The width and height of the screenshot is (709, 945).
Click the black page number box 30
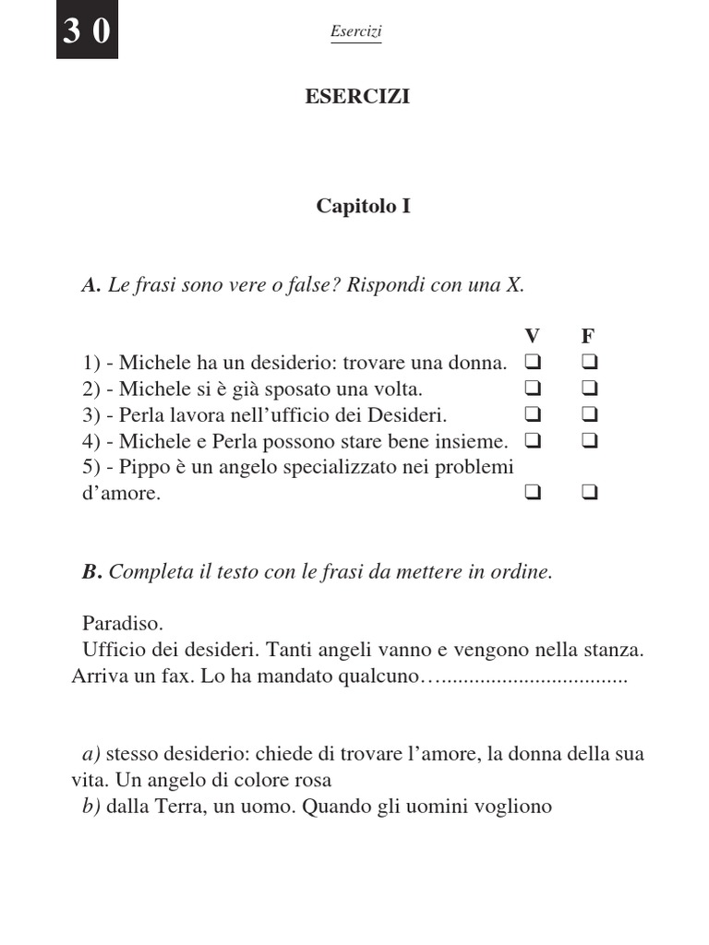[x=87, y=31]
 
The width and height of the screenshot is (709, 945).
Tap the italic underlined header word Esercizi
[x=355, y=32]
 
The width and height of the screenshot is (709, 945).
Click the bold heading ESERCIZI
[x=357, y=97]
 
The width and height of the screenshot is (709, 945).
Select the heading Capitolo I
[x=363, y=206]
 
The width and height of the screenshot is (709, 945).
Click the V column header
[x=532, y=335]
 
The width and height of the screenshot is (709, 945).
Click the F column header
[x=587, y=335]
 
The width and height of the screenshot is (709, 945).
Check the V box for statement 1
[x=533, y=361]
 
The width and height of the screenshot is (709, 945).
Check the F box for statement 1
[x=590, y=361]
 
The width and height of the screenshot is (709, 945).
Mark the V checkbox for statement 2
[x=533, y=388]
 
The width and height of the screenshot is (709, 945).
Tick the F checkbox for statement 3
[x=590, y=414]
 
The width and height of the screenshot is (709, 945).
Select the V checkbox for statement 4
[x=533, y=441]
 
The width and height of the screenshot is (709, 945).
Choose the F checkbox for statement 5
[x=590, y=494]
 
